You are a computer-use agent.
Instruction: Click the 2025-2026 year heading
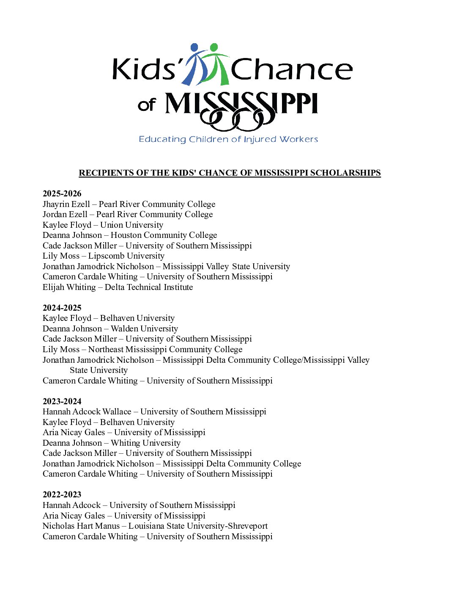(x=62, y=193)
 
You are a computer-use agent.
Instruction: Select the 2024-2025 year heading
(x=62, y=308)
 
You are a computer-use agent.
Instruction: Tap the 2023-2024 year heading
(x=62, y=401)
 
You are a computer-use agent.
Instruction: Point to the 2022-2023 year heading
(x=62, y=494)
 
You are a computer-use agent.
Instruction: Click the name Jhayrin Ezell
(x=66, y=204)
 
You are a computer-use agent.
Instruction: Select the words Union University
(x=131, y=225)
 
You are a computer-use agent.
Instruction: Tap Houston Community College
(x=164, y=235)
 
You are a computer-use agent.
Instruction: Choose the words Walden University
(x=144, y=328)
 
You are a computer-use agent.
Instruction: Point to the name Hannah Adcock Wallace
(x=87, y=411)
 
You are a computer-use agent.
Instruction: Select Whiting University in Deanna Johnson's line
(x=145, y=443)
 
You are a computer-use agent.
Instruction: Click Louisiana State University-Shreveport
(x=198, y=526)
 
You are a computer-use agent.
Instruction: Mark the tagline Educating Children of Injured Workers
(x=228, y=139)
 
